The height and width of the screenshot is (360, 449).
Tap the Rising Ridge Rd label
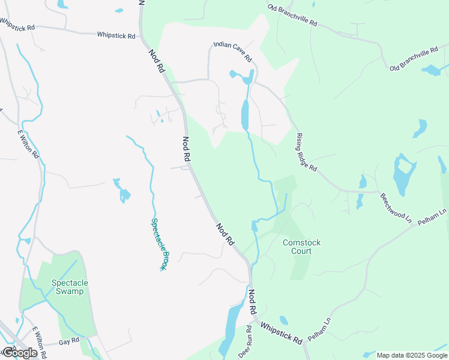[306, 152]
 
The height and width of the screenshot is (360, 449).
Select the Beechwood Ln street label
[395, 209]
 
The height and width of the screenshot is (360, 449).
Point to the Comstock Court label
[301, 247]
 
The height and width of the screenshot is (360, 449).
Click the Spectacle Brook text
[158, 243]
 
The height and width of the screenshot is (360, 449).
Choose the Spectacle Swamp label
[70, 287]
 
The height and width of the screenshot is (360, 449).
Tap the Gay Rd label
[69, 341]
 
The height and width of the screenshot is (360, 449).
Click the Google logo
[19, 353]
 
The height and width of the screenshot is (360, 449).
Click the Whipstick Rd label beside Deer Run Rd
[281, 331]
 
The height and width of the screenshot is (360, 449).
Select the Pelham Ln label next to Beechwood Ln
[434, 216]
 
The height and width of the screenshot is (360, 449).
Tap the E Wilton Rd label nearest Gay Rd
[39, 340]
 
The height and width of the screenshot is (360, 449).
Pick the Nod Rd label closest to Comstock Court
[225, 235]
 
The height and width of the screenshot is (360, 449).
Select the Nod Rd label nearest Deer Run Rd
[253, 303]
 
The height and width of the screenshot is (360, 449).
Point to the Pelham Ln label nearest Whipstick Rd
[320, 330]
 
